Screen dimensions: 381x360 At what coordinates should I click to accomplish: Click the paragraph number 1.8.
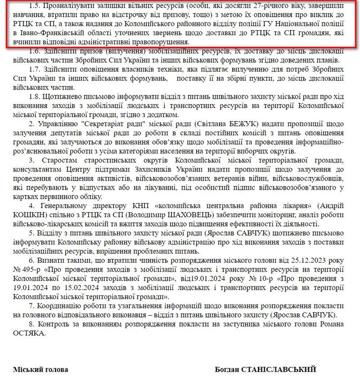pyautogui.click(x=34, y=96)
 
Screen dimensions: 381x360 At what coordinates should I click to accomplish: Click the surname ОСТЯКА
pyautogui.click(x=30, y=333)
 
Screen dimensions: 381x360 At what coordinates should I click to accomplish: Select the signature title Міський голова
pyautogui.click(x=41, y=369)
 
